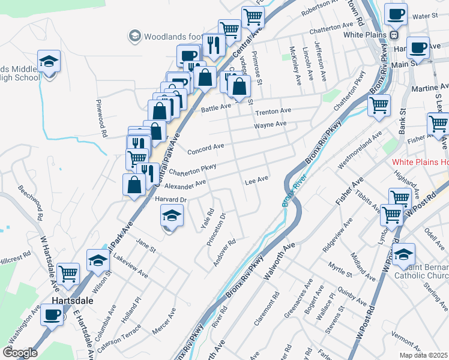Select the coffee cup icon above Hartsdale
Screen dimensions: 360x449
(x=52, y=314)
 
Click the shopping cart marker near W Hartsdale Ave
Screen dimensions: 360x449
(x=68, y=274)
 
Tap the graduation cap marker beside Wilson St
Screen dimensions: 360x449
(x=98, y=260)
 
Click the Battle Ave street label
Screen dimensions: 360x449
(x=216, y=107)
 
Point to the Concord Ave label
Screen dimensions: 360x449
(x=206, y=146)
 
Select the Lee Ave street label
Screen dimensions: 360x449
(x=256, y=180)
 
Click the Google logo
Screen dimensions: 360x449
(x=20, y=353)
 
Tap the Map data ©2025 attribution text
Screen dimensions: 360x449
(x=423, y=355)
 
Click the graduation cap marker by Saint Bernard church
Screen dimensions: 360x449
(x=404, y=253)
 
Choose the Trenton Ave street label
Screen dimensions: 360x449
(x=273, y=112)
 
